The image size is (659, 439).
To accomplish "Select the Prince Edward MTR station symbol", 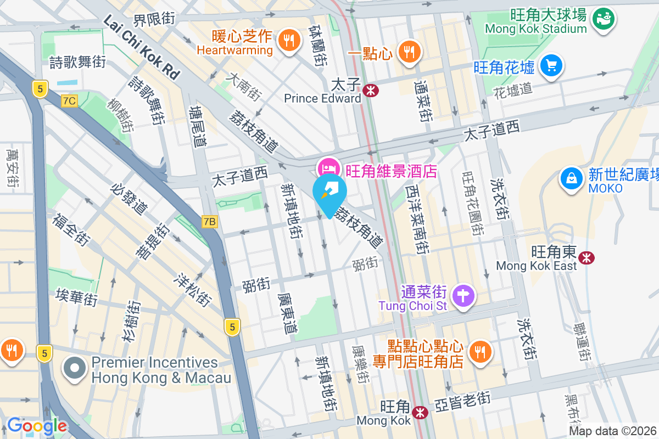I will pyautogui.click(x=371, y=90).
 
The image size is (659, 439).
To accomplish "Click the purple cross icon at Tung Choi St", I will pyautogui.click(x=463, y=295).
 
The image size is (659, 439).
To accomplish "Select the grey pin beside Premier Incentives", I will pyautogui.click(x=75, y=369).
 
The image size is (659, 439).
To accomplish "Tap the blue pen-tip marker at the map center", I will pyautogui.click(x=329, y=192).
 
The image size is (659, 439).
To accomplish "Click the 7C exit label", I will pyautogui.click(x=69, y=101).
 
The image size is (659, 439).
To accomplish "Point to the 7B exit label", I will pyautogui.click(x=209, y=222).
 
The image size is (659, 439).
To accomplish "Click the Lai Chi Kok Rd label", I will pyautogui.click(x=142, y=48).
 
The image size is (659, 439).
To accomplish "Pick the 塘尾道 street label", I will pyautogui.click(x=197, y=126).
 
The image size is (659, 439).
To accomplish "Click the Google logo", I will pyautogui.click(x=37, y=426).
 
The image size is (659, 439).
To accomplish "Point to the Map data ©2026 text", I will pyautogui.click(x=612, y=431).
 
